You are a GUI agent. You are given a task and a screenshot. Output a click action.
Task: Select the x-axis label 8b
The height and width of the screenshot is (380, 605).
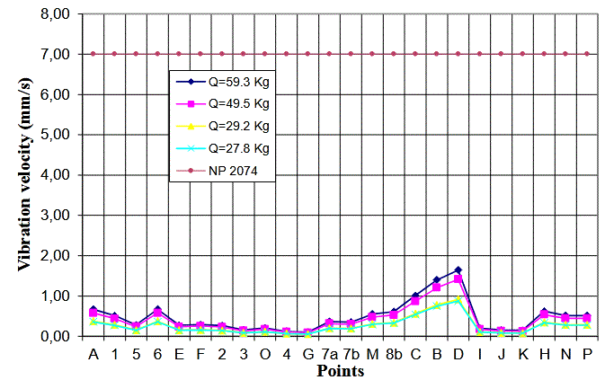tap(394, 352)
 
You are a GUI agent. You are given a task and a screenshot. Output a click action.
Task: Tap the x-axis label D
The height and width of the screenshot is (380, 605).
tap(458, 352)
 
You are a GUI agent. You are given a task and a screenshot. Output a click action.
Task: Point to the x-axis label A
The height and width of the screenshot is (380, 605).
tap(93, 352)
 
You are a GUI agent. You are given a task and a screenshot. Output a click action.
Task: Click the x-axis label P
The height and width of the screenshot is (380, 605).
tap(587, 352)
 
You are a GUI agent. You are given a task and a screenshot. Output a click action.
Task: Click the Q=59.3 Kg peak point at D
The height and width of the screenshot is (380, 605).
tap(458, 270)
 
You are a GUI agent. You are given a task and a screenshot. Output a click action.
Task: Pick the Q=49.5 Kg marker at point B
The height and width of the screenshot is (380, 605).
tap(437, 287)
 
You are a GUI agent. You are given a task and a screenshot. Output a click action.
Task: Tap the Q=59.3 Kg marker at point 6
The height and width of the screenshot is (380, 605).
tap(157, 310)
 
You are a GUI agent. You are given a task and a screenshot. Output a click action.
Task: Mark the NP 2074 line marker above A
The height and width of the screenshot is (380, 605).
tap(93, 54)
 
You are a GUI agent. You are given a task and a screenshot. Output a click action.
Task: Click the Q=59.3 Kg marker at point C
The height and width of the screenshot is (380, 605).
tap(415, 295)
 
